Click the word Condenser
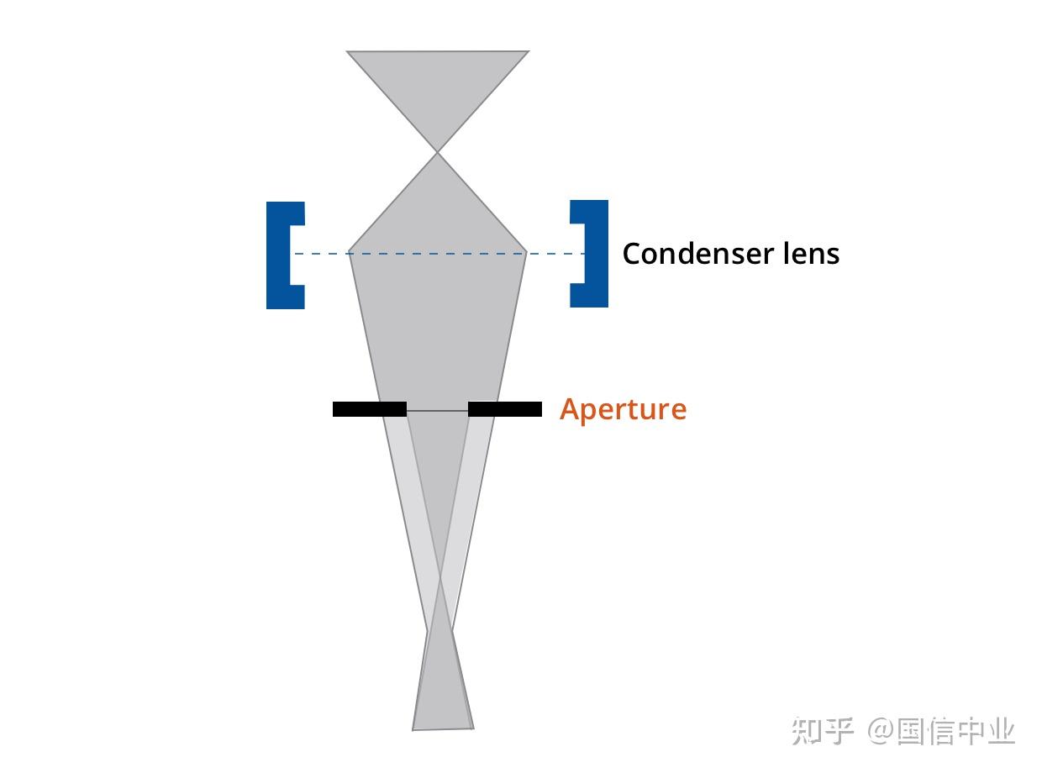(698, 255)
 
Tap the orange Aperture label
(623, 410)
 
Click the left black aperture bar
(369, 409)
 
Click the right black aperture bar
(505, 409)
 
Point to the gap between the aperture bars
(437, 410)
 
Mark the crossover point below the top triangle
(437, 152)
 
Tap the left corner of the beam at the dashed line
(349, 251)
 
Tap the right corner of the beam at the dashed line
(527, 251)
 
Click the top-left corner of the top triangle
(347, 51)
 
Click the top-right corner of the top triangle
(529, 50)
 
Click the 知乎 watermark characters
(822, 731)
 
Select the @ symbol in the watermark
(880, 731)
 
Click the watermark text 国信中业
(955, 731)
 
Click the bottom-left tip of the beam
(413, 730)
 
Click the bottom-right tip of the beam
(474, 728)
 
